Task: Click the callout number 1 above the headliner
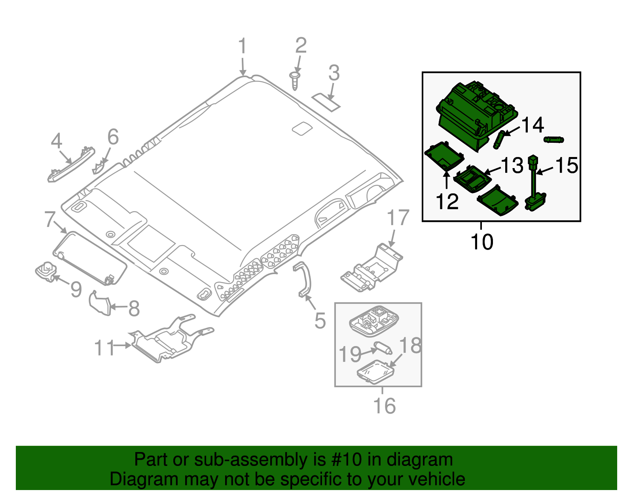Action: coord(243,47)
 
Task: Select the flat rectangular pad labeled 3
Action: coord(326,102)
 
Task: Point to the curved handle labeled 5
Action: coord(304,279)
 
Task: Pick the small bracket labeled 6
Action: coord(99,168)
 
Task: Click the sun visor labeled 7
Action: coord(90,258)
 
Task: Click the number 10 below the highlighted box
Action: coord(482,242)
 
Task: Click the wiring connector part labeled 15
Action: coord(535,186)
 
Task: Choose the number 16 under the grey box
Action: coord(384,406)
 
